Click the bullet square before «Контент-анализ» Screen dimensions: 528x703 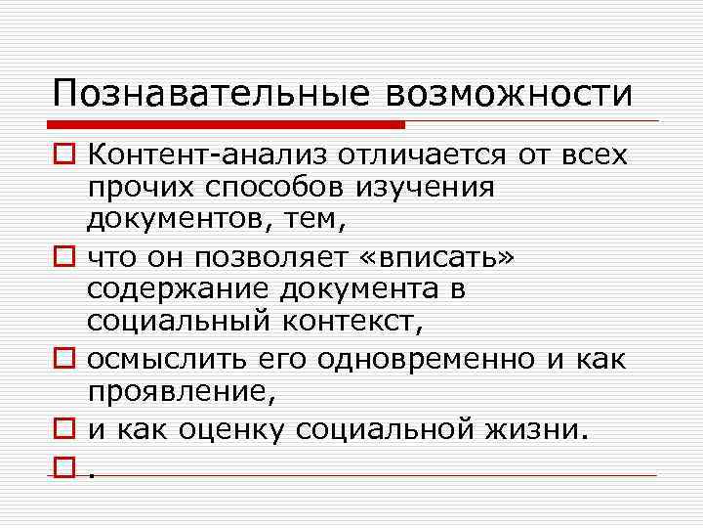[x=65, y=155]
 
